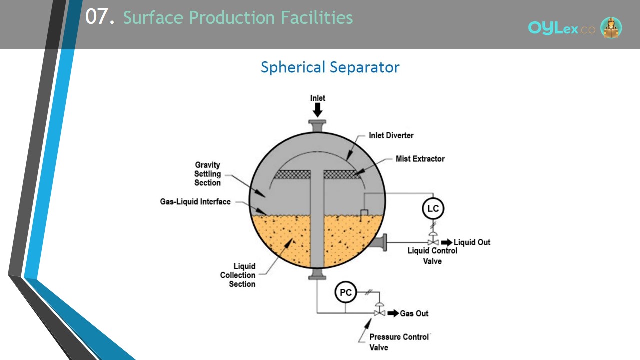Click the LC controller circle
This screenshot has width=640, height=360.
433,208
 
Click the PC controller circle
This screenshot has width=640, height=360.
345,292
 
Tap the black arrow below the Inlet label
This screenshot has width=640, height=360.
317,110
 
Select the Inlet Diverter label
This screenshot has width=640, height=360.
391,135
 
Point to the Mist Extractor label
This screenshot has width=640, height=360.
420,159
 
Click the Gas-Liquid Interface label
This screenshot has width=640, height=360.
195,202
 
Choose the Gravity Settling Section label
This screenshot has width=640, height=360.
207,174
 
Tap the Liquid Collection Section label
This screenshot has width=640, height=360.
238,275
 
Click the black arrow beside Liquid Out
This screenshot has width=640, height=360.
447,242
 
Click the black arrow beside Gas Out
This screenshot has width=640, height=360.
393,313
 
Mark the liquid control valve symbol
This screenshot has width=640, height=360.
433,239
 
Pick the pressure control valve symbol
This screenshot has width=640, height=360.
379,310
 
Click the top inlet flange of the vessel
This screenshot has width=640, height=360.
317,126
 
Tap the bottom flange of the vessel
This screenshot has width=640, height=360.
317,274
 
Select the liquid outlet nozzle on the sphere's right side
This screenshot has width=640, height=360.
380,242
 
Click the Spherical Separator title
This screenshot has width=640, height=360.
330,67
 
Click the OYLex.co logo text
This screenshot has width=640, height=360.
561,28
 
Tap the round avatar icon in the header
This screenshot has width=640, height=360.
611,27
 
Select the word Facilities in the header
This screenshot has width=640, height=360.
317,17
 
